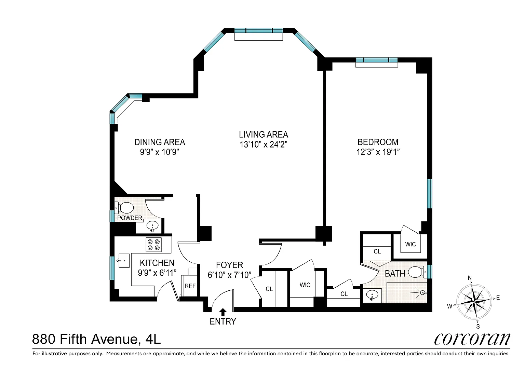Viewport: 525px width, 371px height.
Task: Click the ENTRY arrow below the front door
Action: pyautogui.click(x=223, y=312)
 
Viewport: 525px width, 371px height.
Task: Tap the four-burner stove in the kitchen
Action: pyautogui.click(x=154, y=245)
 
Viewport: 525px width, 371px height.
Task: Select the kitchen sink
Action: pyautogui.click(x=124, y=260)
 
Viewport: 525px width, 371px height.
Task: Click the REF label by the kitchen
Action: pyautogui.click(x=190, y=286)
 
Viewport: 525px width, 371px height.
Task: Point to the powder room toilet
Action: pyautogui.click(x=124, y=207)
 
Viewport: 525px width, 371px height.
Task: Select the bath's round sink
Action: pyautogui.click(x=372, y=295)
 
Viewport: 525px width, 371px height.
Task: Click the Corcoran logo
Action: pyautogui.click(x=472, y=339)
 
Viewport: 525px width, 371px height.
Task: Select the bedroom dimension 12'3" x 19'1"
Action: pyautogui.click(x=378, y=152)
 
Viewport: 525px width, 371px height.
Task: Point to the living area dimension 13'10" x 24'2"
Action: pyautogui.click(x=264, y=145)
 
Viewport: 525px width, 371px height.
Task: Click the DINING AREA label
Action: pyautogui.click(x=160, y=142)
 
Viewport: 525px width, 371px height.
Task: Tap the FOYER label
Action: pyautogui.click(x=229, y=265)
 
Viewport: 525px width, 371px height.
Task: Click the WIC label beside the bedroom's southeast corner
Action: pyautogui.click(x=410, y=244)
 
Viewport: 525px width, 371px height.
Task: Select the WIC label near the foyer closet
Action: pyautogui.click(x=305, y=285)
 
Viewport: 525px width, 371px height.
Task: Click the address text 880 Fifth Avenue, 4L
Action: pyautogui.click(x=96, y=339)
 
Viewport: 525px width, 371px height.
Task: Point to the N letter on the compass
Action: pyautogui.click(x=470, y=278)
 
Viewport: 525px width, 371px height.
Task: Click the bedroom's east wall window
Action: pyautogui.click(x=430, y=193)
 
